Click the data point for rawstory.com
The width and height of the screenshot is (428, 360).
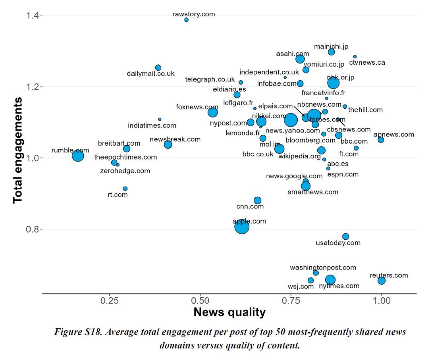pyautogui.click(x=187, y=19)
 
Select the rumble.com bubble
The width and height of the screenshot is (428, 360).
pyautogui.click(x=78, y=156)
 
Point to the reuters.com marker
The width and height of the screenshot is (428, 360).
pyautogui.click(x=382, y=281)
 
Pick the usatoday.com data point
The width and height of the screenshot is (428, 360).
pyautogui.click(x=345, y=237)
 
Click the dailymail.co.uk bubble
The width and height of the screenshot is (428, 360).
pyautogui.click(x=158, y=67)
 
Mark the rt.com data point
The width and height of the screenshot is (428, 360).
pyautogui.click(x=125, y=189)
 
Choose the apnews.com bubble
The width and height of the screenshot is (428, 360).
pyautogui.click(x=381, y=140)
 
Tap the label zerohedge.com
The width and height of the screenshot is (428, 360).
pyautogui.click(x=125, y=171)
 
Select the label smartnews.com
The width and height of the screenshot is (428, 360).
pyautogui.click(x=313, y=192)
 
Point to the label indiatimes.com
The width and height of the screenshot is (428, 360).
pyautogui.click(x=152, y=126)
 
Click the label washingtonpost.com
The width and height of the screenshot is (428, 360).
pyautogui.click(x=323, y=268)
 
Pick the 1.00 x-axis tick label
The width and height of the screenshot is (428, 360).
pyautogui.click(x=382, y=301)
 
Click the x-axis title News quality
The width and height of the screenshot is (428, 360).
pyautogui.click(x=229, y=312)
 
